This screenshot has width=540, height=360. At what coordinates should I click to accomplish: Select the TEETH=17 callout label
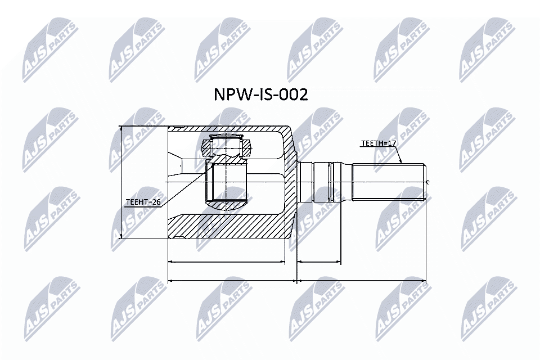pyautogui.click(x=379, y=144)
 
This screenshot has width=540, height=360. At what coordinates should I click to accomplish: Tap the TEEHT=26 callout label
pyautogui.click(x=143, y=201)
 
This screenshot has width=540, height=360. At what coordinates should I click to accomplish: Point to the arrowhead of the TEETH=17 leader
pyautogui.click(x=402, y=162)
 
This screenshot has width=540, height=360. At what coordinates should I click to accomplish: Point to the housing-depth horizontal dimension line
pyautogui.click(x=226, y=262)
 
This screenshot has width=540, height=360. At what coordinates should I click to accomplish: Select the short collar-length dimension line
pyautogui.click(x=319, y=262)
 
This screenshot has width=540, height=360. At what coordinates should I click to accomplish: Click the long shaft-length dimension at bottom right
pyautogui.click(x=361, y=280)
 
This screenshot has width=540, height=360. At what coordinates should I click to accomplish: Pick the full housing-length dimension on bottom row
pyautogui.click(x=232, y=280)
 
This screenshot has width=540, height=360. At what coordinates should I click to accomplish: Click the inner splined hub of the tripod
pyautogui.click(x=226, y=183)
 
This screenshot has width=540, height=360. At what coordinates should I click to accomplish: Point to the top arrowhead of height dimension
pyautogui.click(x=121, y=129)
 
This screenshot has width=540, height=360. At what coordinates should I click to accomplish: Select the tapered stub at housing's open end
pyautogui.click(x=175, y=165)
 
